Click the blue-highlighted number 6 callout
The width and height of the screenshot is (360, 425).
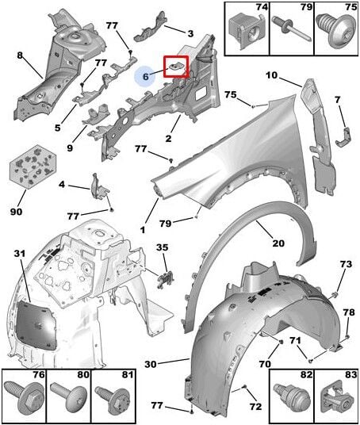[146, 76]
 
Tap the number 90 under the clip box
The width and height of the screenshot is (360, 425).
[17, 211]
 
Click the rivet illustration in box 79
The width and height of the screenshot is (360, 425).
[290, 29]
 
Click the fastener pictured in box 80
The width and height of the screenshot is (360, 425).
[69, 397]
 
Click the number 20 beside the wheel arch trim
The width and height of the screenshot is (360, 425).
[278, 243]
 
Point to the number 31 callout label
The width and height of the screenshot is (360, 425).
[20, 254]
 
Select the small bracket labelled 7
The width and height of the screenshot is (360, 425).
[343, 137]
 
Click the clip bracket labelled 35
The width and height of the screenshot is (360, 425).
[166, 279]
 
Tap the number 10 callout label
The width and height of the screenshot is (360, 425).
[272, 75]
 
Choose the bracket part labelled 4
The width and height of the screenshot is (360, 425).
[99, 187]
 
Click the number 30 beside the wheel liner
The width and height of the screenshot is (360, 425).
[151, 364]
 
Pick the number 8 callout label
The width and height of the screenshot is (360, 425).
[20, 56]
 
